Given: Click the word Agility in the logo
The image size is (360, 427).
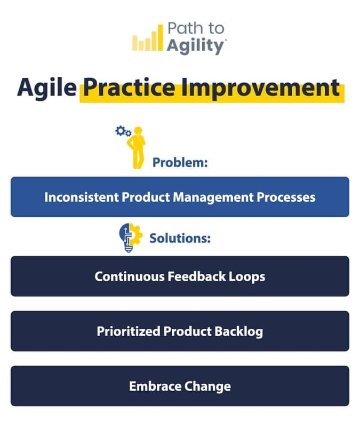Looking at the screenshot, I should tap(194, 46).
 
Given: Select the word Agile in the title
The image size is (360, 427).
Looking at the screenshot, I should tap(46, 87).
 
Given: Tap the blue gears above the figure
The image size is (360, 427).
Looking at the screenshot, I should tap(123, 130).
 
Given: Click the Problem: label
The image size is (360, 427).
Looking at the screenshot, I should tap(180, 162).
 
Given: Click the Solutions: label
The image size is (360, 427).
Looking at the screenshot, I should tap(180, 238).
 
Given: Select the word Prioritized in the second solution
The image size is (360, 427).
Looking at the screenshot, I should tap(128, 331).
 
